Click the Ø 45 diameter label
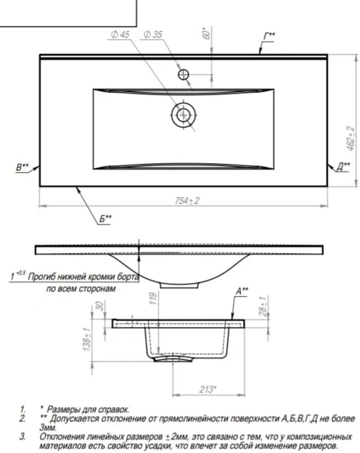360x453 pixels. [x=120, y=35]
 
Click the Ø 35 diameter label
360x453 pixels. [x=153, y=35]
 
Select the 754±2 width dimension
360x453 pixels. [x=187, y=201]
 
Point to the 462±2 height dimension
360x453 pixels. [x=351, y=138]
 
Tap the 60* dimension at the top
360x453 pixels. [x=206, y=33]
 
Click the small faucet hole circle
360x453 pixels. [x=183, y=75]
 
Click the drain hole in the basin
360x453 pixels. [x=183, y=115]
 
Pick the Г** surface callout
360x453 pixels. [x=269, y=36]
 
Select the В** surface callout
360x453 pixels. [x=22, y=168]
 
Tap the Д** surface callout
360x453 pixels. [x=343, y=167]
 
